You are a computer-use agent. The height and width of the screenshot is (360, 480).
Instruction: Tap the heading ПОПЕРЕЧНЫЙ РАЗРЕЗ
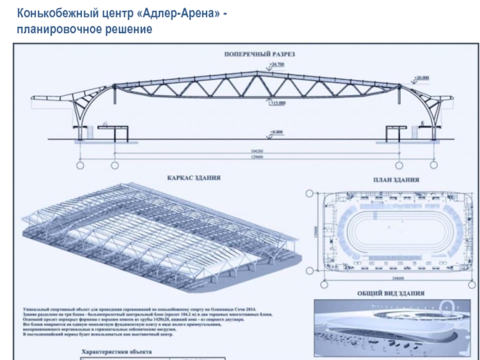click(x=260, y=54)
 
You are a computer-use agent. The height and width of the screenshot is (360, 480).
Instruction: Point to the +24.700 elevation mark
click(x=277, y=64)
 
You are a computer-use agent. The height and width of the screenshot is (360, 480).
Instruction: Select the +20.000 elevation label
click(x=421, y=78)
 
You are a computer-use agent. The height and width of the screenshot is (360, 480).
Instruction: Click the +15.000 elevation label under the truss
click(x=277, y=103)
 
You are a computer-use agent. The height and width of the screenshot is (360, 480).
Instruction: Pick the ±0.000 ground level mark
click(x=277, y=131)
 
